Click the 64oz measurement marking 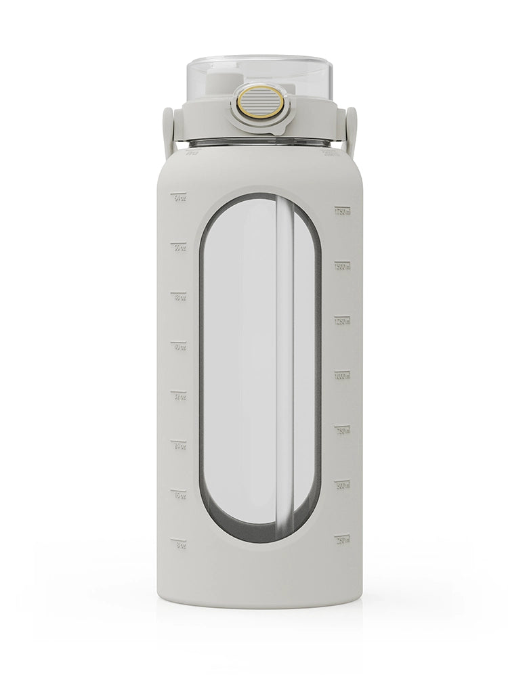click(179, 198)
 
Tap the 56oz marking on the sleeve click(179, 247)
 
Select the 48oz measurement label click(179, 297)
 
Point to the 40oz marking click(179, 347)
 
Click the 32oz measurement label click(179, 396)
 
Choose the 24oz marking click(179, 445)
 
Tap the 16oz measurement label click(179, 495)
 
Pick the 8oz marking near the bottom click(179, 544)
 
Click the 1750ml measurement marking click(343, 211)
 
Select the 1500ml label click(343, 266)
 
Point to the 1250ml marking click(343, 320)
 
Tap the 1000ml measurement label click(343, 375)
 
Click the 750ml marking click(343, 429)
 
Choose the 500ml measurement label click(343, 484)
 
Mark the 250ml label click(343, 539)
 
